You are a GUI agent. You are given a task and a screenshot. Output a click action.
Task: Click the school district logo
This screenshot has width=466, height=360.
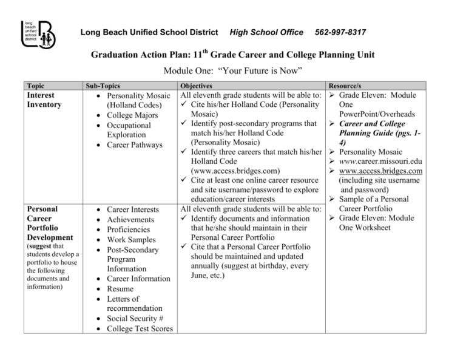click(38, 35)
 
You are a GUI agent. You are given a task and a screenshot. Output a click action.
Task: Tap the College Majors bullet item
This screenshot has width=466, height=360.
click(133, 115)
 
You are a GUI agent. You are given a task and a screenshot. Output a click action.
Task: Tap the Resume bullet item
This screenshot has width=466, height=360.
click(121, 289)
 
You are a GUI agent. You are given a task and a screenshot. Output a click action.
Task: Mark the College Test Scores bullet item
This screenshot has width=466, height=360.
click(140, 328)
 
